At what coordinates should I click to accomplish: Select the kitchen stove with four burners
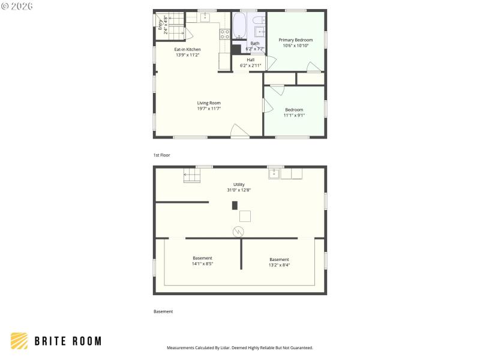(224, 34)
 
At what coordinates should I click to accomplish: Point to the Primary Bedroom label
(295, 40)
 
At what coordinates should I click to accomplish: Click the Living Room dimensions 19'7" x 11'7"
(209, 109)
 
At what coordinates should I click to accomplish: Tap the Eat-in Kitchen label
(187, 49)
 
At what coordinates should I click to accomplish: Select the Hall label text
(250, 59)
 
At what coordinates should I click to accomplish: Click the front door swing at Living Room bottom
(239, 131)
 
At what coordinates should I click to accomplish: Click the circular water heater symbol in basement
(238, 231)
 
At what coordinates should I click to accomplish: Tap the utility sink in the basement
(274, 173)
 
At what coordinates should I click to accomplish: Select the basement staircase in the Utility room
(191, 175)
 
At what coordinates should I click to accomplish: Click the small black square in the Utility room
(235, 205)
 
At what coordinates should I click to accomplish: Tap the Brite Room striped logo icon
(19, 341)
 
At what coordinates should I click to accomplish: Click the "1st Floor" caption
(161, 155)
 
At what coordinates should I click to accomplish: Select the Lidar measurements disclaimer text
(239, 347)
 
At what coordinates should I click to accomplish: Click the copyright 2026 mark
(17, 6)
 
